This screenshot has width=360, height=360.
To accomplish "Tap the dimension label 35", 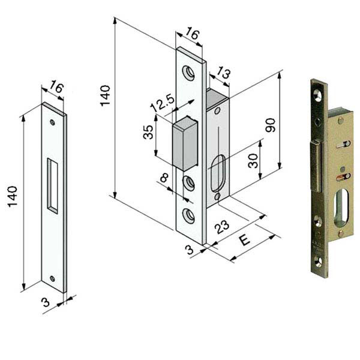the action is (x=148, y=132).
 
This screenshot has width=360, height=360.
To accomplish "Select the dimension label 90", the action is (x=270, y=125).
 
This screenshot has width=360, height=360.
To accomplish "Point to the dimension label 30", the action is (x=253, y=161).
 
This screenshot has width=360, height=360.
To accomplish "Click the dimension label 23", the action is (x=221, y=227).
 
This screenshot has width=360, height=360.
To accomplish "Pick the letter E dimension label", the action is (x=245, y=241).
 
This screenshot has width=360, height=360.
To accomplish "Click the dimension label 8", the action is (x=164, y=178).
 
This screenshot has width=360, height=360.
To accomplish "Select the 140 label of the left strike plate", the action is (x=13, y=197).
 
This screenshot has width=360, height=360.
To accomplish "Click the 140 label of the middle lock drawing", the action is (x=105, y=96).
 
